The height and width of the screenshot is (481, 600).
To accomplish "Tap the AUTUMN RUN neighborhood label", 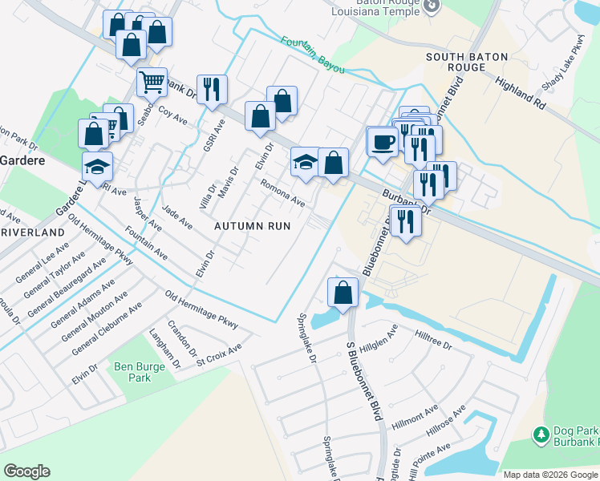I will point(252,226).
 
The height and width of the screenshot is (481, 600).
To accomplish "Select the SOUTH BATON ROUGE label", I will point(467,62).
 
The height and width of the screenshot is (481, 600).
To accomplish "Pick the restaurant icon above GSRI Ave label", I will point(212,90).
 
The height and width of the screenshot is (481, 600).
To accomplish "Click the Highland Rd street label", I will point(520,94).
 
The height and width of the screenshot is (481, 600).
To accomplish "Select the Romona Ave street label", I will point(282,192).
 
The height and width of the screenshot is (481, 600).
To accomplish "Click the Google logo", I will point(27,471).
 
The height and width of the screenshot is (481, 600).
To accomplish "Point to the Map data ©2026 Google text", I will point(549,475).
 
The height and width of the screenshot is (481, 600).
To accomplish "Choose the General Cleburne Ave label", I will point(106,329).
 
